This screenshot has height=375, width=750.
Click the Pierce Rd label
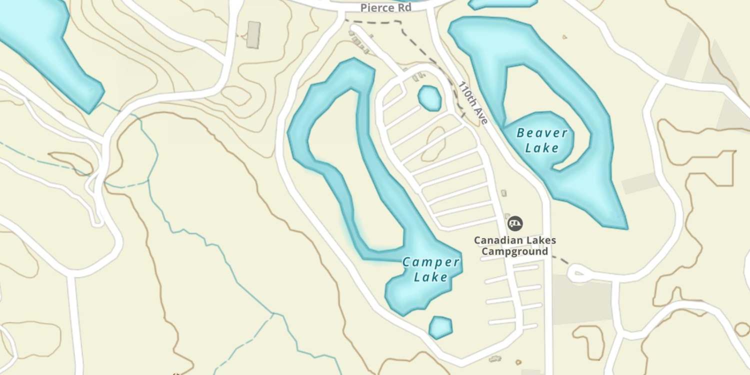(386, 8)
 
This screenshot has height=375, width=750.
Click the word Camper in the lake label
(430, 262)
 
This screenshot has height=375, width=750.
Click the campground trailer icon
(514, 223)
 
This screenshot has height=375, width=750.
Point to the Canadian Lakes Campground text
(514, 245)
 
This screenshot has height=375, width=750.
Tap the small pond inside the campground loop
(429, 98)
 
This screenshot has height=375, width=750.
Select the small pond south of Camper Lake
(440, 327)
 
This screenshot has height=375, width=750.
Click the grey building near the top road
(254, 34)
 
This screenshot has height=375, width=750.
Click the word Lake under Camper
(430, 276)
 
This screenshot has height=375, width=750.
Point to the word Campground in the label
(514, 251)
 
